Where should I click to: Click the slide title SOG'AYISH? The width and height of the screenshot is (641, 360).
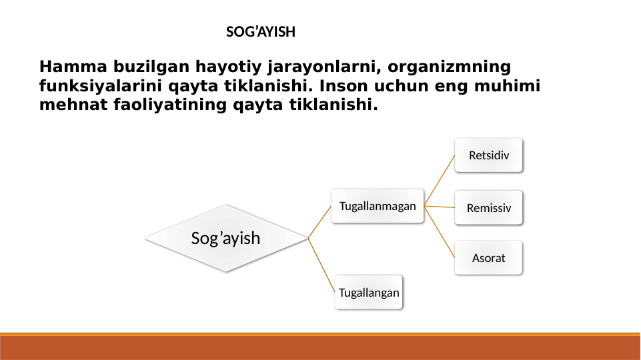(261, 32)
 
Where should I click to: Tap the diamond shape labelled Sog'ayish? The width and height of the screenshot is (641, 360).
(225, 238)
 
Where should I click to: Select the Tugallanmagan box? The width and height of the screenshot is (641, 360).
(378, 206)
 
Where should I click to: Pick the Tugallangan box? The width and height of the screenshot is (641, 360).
(369, 292)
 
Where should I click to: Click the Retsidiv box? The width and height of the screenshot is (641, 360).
(488, 155)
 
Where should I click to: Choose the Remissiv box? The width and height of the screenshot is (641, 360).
(488, 207)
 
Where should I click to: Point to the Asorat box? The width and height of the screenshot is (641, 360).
(488, 258)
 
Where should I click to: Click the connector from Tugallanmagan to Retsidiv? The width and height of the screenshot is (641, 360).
(440, 181)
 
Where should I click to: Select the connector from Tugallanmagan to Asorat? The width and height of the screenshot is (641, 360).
(440, 232)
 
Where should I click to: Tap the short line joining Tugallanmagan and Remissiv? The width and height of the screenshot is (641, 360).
(440, 207)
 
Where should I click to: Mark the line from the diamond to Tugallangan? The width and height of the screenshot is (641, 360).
(322, 265)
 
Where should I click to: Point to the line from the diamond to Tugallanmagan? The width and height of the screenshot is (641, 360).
(319, 222)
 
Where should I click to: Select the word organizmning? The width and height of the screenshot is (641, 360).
(450, 67)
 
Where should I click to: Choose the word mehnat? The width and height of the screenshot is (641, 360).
(73, 105)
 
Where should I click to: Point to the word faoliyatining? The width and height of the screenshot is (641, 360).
(170, 105)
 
